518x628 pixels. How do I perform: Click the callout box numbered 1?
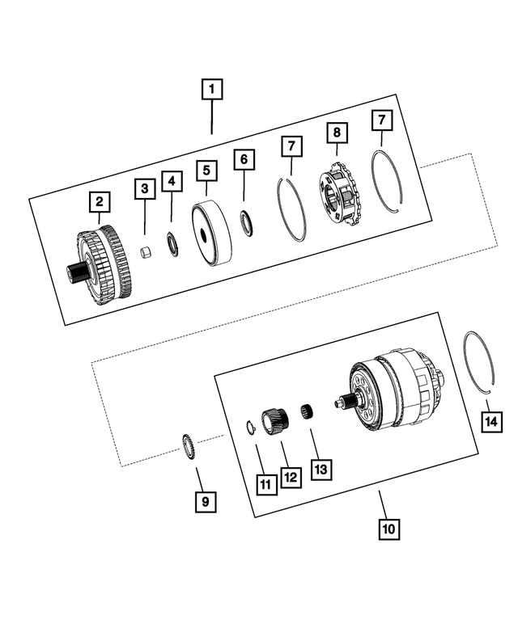point(212,88)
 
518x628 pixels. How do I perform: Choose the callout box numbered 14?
point(490,421)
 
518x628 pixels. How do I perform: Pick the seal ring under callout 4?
point(172,243)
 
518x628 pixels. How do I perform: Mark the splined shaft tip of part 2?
point(74,272)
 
